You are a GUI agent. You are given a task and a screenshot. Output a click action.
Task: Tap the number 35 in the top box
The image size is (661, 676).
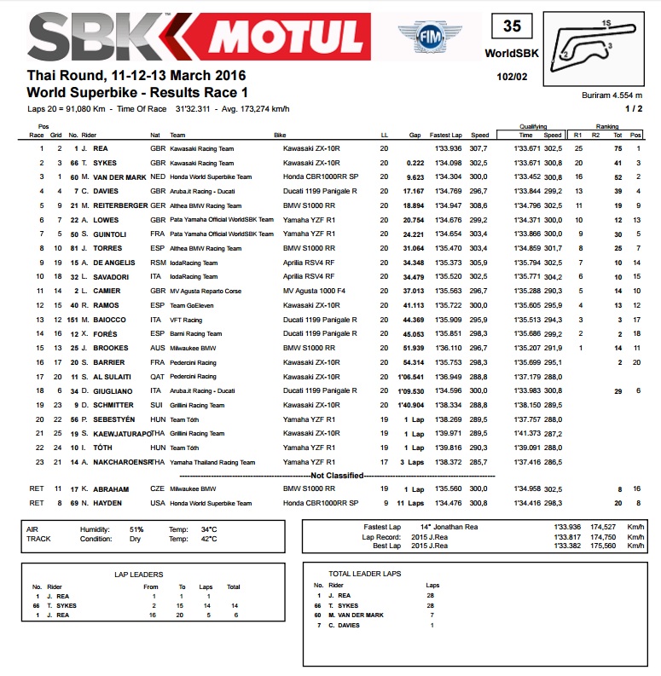click(x=511, y=26)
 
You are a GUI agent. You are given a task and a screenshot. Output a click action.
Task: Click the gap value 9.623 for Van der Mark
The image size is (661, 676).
click(x=415, y=176)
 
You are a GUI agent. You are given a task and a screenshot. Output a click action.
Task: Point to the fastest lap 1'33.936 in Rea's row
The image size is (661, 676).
click(x=448, y=148)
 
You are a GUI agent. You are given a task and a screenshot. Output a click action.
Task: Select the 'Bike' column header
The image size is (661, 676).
click(x=280, y=135)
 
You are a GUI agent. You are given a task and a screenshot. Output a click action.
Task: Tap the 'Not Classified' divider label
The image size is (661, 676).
click(x=330, y=475)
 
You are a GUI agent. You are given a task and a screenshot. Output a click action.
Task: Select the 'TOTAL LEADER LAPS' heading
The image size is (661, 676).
click(x=364, y=574)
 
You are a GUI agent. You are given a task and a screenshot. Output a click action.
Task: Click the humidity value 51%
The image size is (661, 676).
click(x=136, y=529)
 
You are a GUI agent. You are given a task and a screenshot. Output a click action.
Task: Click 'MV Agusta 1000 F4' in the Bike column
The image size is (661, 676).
click(x=316, y=290)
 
